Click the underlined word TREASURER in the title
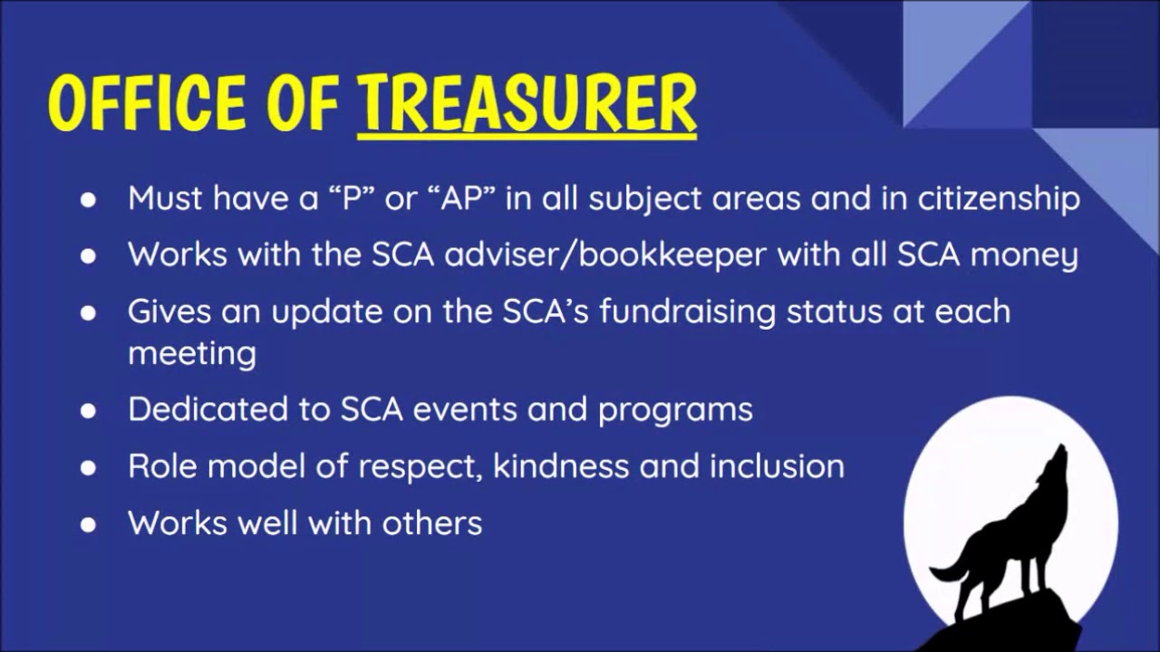527,104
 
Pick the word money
1024,255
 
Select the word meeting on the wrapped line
191,353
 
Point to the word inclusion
777,466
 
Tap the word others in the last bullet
431,523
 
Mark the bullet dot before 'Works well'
88,524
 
